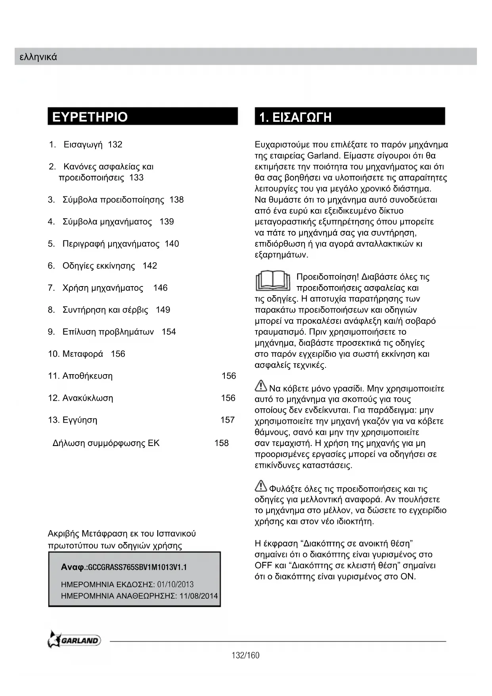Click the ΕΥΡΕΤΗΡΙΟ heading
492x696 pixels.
click(90, 117)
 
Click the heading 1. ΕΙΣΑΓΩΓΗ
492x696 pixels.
click(295, 117)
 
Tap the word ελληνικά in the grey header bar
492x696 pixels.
click(38, 57)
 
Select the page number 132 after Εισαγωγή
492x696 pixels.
click(115, 144)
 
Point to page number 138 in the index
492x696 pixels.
click(176, 200)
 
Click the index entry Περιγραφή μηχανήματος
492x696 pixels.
click(111, 244)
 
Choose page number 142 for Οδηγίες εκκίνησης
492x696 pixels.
click(150, 266)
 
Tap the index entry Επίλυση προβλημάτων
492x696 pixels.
click(108, 332)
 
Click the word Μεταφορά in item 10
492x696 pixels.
click(82, 354)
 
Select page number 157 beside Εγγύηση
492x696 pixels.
click(228, 420)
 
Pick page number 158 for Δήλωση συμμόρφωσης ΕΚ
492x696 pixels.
click(222, 443)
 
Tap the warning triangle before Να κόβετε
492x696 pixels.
click(261, 385)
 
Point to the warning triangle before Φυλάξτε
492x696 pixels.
click(261, 486)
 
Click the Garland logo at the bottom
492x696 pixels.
click(74, 640)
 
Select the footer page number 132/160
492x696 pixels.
click(245, 656)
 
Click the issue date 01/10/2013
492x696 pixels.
click(175, 584)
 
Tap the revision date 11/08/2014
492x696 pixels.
click(199, 596)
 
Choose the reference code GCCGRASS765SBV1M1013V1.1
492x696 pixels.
click(137, 567)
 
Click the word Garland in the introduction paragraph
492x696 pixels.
click(323, 156)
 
